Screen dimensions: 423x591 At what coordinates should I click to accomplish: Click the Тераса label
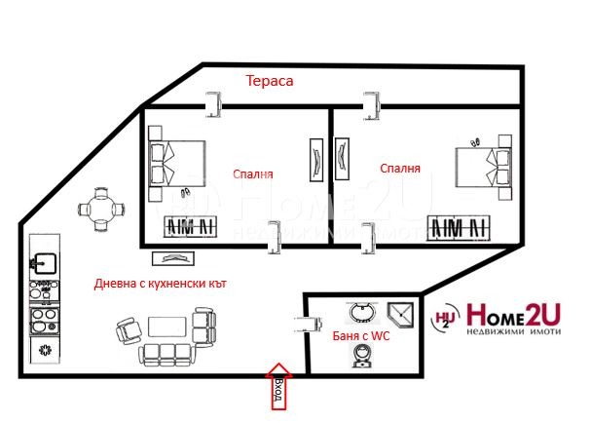pyautogui.click(x=270, y=82)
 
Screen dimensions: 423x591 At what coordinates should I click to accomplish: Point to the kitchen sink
pyautogui.click(x=44, y=261)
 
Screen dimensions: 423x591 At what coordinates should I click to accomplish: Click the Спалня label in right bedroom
pyautogui.click(x=400, y=168)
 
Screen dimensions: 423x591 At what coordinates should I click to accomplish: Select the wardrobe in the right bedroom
pyautogui.click(x=458, y=227)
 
